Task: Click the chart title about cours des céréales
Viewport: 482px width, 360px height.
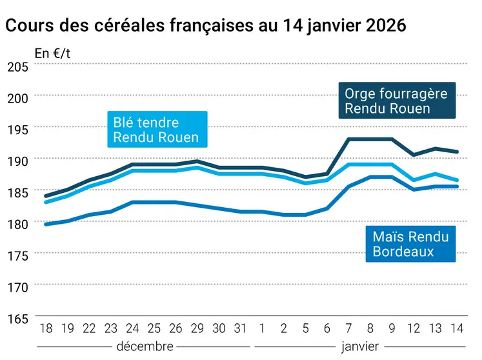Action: (205, 26)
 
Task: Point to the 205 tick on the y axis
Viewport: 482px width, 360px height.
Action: (17, 68)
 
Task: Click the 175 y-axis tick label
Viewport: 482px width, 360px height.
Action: (17, 256)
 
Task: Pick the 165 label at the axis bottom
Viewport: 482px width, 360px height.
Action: (17, 319)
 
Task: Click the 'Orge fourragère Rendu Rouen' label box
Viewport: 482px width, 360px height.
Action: (396, 101)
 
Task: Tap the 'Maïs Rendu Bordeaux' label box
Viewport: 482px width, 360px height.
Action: (410, 244)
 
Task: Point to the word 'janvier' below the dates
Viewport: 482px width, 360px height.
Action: (359, 346)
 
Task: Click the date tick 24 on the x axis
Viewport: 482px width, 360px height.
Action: (132, 329)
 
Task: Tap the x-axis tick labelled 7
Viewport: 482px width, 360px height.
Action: (348, 329)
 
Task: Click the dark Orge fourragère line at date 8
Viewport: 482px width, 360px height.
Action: (370, 139)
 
